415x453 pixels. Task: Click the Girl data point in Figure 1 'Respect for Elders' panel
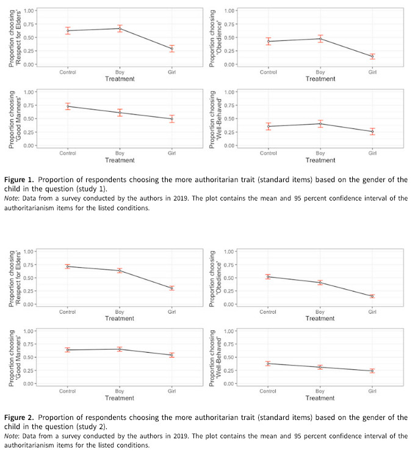point(172,48)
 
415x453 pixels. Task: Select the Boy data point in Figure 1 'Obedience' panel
point(320,39)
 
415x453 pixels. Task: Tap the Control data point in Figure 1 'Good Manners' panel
point(68,106)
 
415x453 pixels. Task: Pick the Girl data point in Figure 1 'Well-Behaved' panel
point(372,131)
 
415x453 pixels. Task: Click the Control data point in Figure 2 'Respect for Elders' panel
point(68,267)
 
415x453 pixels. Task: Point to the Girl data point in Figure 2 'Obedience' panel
point(372,296)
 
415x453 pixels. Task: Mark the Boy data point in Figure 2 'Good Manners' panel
point(120,349)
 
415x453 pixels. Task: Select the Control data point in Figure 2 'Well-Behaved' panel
point(268,364)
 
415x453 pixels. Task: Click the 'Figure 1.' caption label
point(19,180)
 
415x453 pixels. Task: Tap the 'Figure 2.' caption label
point(19,418)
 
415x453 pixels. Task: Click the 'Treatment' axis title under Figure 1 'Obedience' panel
point(320,79)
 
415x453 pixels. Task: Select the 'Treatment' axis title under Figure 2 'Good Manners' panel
point(120,398)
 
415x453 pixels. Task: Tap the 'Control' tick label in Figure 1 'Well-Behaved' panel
point(268,153)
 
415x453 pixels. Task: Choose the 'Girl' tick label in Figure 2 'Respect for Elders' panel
point(171,312)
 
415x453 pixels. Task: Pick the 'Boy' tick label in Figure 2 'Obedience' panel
point(320,312)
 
